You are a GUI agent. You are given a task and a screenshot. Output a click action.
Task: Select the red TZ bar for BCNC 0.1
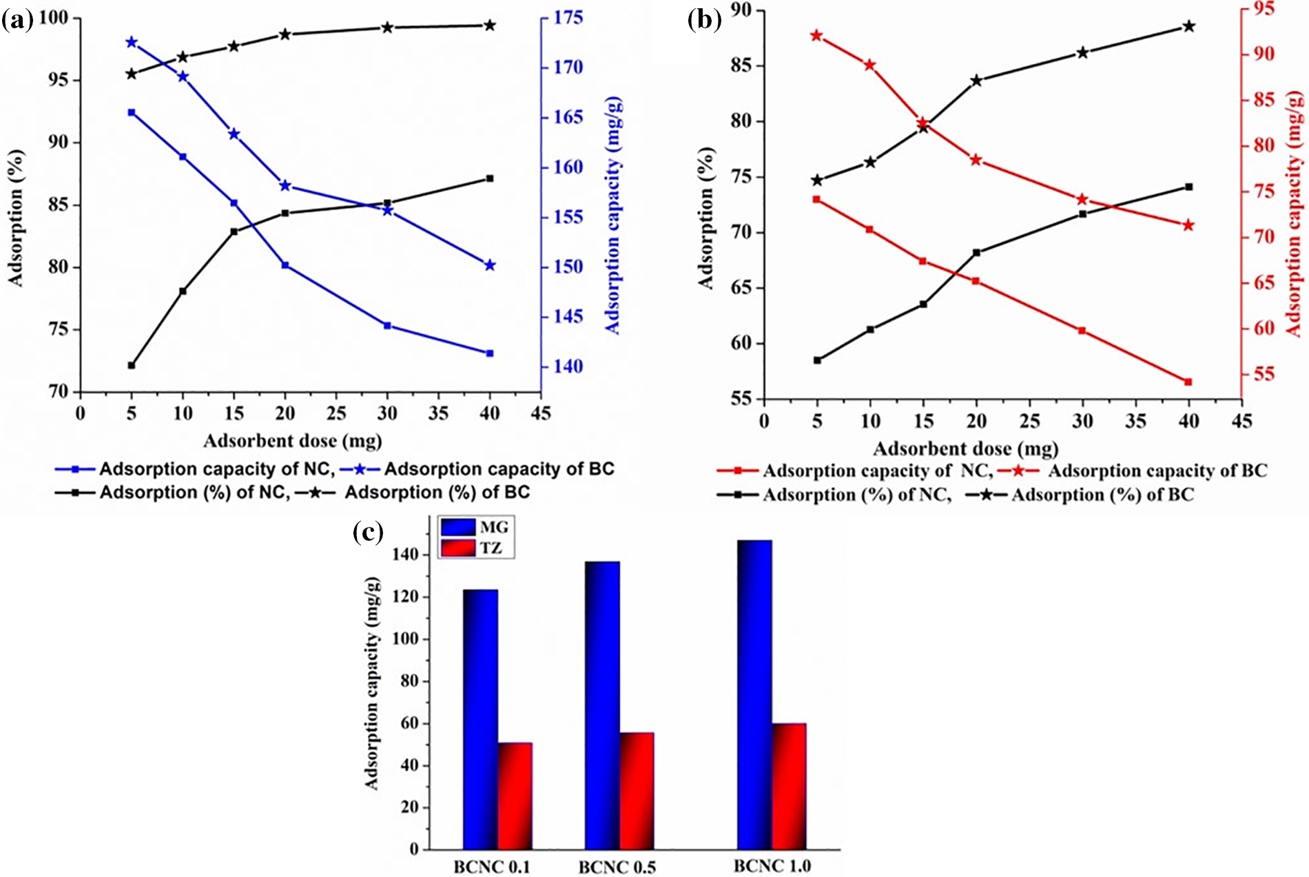[515, 796]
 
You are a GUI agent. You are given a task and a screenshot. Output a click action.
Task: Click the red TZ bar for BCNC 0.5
[637, 790]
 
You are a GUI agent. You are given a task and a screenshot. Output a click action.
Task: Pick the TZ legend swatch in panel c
[458, 548]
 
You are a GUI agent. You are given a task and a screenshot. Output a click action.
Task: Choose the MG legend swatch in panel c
[458, 527]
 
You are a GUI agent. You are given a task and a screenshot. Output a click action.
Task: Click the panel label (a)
[17, 21]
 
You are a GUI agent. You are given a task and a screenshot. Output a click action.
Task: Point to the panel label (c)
[368, 532]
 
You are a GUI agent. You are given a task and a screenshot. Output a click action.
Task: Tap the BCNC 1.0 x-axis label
[772, 866]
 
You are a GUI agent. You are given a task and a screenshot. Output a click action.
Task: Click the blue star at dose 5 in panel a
[132, 43]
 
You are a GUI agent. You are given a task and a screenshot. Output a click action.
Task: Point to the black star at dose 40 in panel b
[1188, 27]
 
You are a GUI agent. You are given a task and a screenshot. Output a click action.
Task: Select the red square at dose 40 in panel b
[1188, 382]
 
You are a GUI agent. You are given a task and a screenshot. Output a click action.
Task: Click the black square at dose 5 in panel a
[132, 365]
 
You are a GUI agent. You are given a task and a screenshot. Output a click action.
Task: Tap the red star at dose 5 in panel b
[817, 36]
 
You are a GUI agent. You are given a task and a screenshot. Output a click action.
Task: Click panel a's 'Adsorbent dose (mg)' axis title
[292, 441]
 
